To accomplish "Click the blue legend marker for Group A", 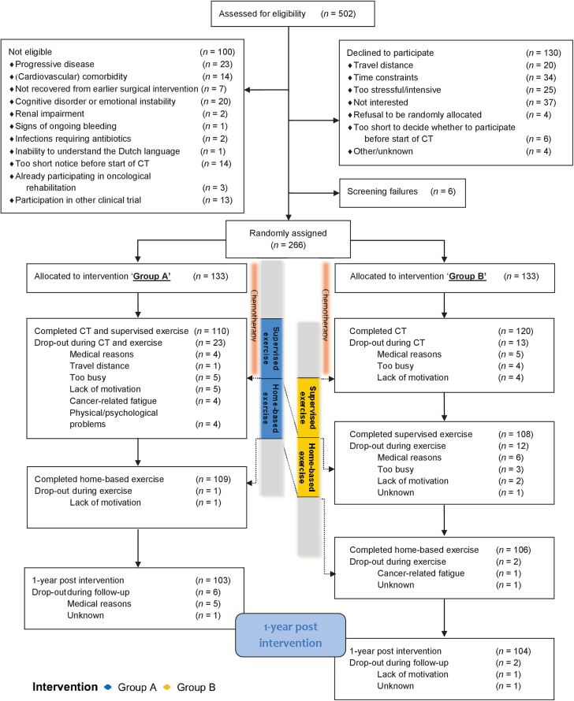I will [x=106, y=686].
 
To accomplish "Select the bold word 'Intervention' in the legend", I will [x=64, y=686].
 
